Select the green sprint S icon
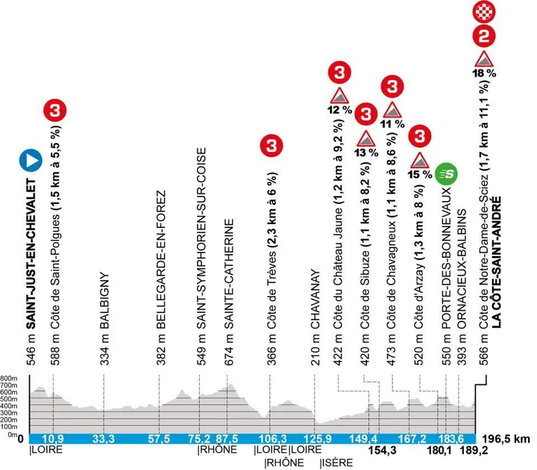(446, 174)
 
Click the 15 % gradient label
(420, 174)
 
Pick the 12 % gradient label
(339, 109)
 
